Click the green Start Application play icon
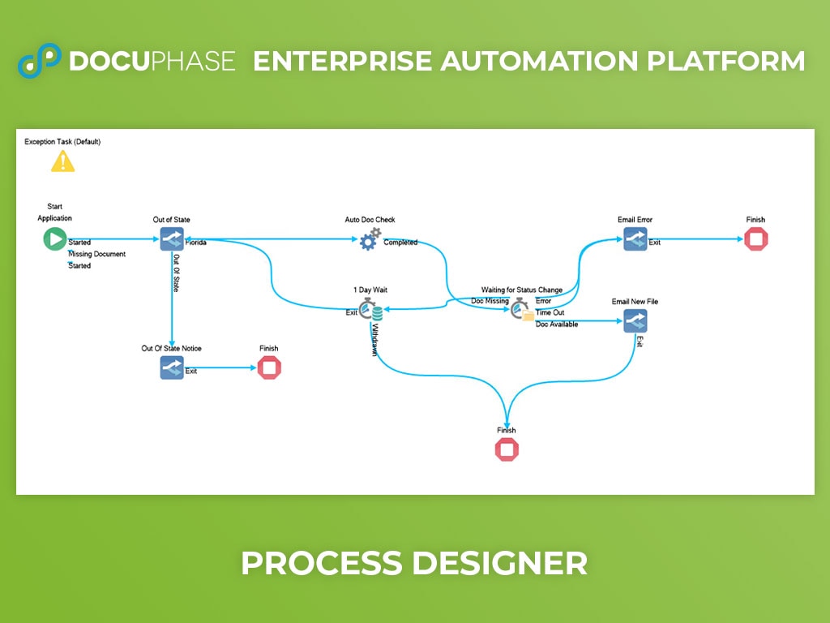[x=55, y=239]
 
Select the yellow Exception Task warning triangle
[x=62, y=161]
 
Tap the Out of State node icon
[x=172, y=239]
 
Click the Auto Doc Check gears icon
[x=370, y=239]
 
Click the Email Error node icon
[x=635, y=239]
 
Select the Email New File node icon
[x=635, y=321]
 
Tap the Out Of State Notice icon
[x=172, y=367]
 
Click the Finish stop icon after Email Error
[x=755, y=239]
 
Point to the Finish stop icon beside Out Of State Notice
[x=269, y=368]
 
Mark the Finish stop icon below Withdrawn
[x=507, y=449]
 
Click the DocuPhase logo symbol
[x=40, y=61]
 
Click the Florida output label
[x=195, y=243]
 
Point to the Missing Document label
[x=97, y=254]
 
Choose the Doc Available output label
[x=557, y=324]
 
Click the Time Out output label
[x=550, y=312]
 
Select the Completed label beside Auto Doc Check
[x=400, y=243]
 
